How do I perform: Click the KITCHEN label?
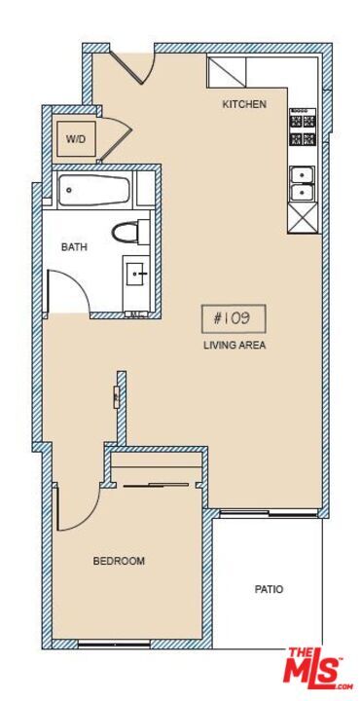pos(243,104)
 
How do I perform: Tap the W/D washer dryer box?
pos(76,139)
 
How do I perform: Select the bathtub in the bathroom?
pos(94,191)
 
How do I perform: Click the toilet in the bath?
pos(129,232)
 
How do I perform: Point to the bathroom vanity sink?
pos(135,276)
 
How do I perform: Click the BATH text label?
pos(74,247)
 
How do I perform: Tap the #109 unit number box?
pos(233,318)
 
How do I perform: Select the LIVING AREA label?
pos(234,346)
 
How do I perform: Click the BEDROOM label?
pos(119,561)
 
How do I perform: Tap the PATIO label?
pos(270,589)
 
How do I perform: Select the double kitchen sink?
pos(303,183)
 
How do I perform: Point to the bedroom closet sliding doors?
pos(156,483)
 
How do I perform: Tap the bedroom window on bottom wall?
pos(114,643)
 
